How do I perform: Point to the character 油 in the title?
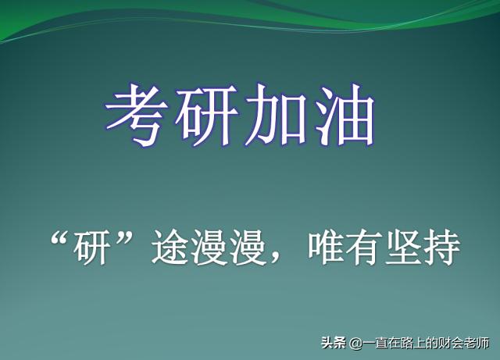click(x=344, y=116)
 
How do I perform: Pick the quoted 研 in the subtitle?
click(x=91, y=248)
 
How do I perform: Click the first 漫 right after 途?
click(x=209, y=248)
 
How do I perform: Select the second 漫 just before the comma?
click(x=248, y=248)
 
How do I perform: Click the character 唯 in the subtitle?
click(x=327, y=248)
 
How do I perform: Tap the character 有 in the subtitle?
click(x=366, y=248)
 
